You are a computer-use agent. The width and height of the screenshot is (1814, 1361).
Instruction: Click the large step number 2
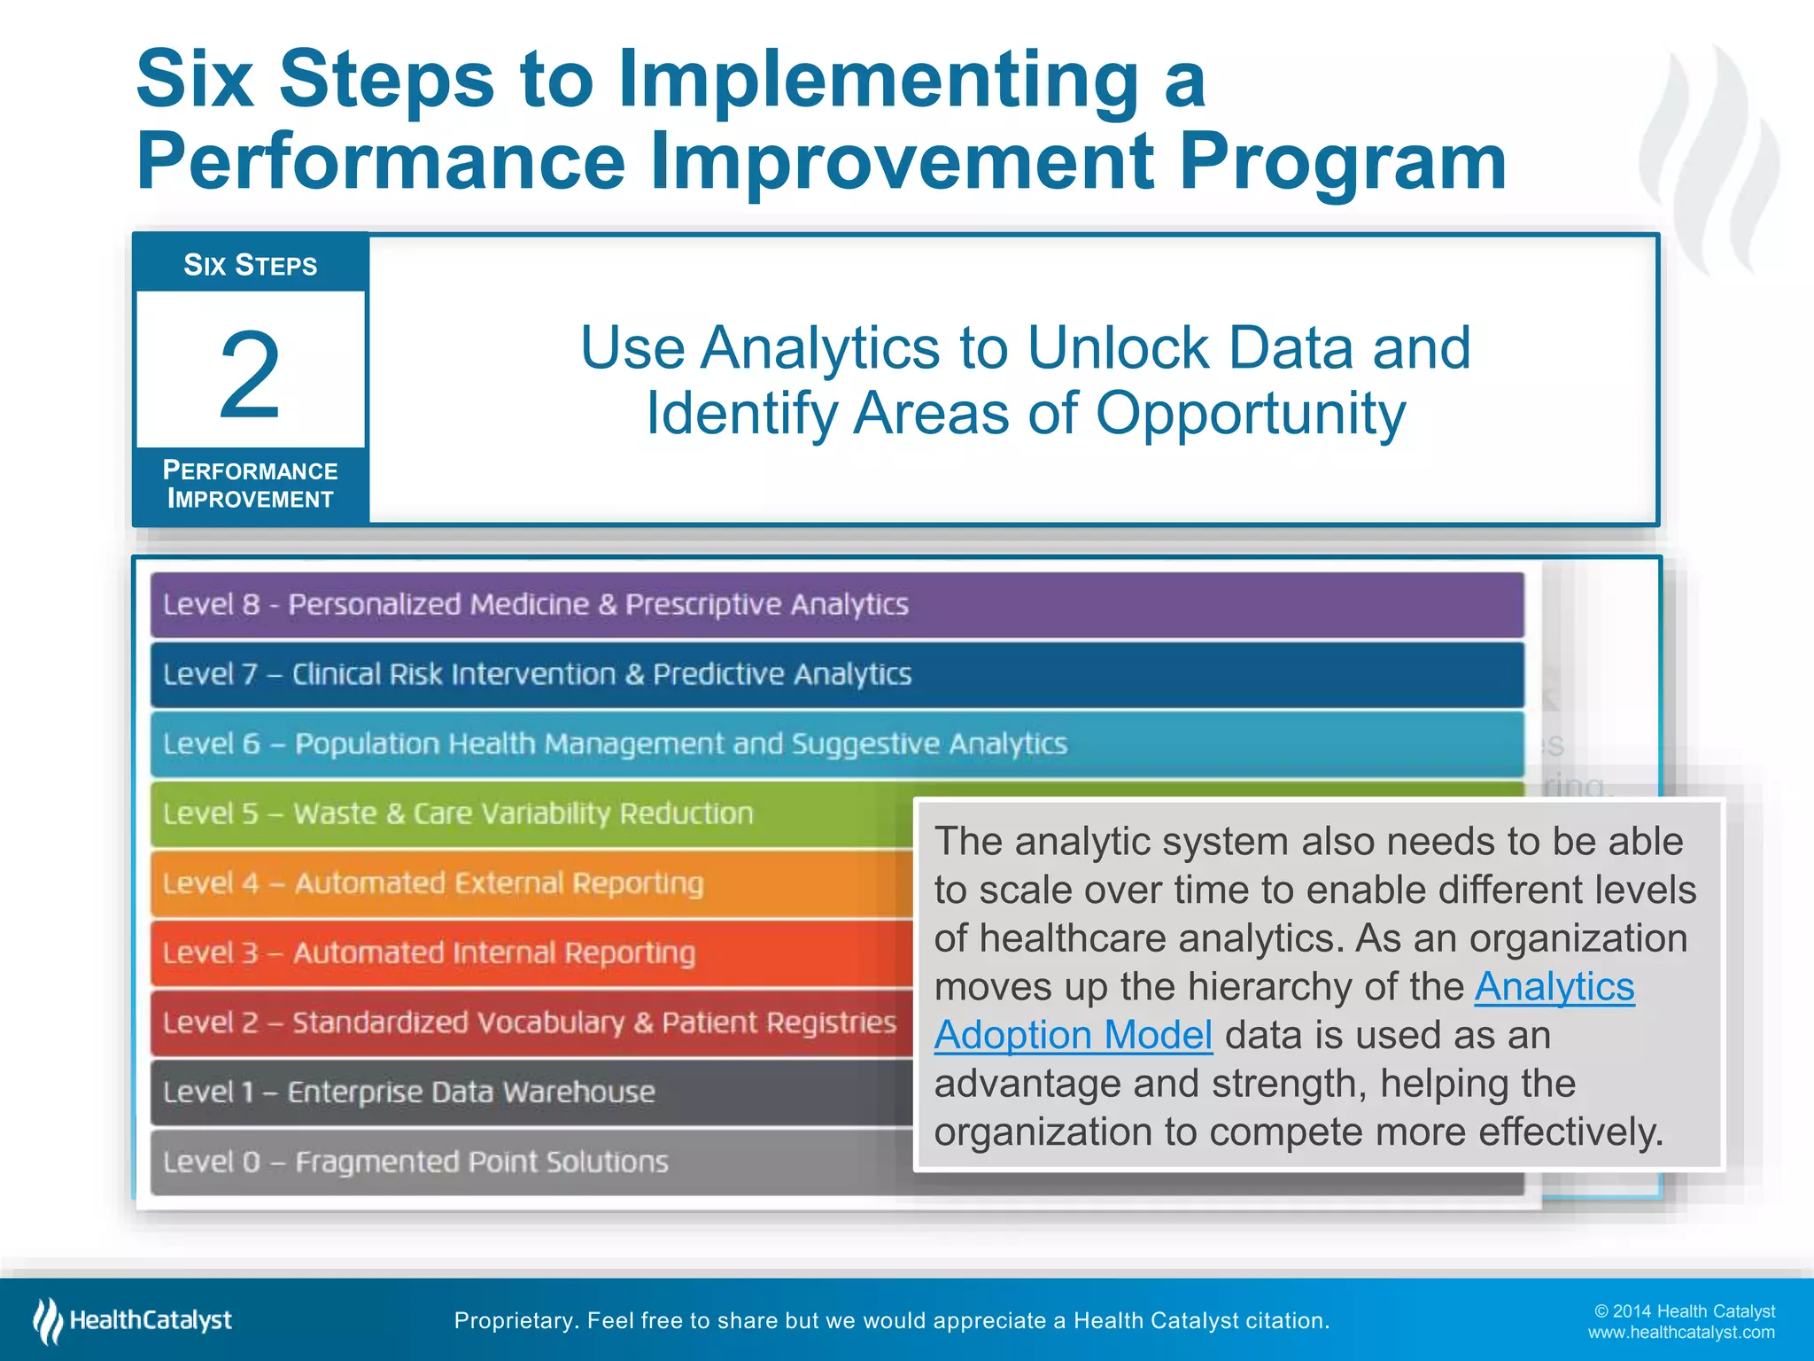coord(250,374)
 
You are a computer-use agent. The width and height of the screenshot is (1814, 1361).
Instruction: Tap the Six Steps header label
coord(250,265)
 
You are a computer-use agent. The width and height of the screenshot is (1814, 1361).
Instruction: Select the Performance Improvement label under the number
coord(250,485)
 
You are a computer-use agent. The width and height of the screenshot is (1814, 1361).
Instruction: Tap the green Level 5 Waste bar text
coord(458,813)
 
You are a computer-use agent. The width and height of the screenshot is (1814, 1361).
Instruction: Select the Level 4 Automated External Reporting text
coord(433,883)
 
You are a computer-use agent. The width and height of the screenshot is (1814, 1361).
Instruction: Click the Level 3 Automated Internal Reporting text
coord(429,953)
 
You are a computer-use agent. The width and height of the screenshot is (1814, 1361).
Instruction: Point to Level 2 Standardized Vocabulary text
coord(529,1023)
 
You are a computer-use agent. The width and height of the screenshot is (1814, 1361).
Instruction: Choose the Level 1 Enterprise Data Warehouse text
coord(408,1092)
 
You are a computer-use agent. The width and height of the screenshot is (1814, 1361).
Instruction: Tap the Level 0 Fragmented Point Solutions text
coord(415,1162)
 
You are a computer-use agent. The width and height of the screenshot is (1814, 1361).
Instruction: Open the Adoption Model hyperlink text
coord(1073,1035)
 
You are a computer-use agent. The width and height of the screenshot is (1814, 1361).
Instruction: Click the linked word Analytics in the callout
coord(1554,987)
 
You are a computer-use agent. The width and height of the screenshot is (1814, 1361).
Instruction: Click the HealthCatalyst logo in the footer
coord(133,1320)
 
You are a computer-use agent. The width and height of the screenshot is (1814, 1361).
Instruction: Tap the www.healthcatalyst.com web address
coord(1680,1333)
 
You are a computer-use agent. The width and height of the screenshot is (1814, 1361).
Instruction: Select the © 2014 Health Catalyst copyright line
coord(1684,1311)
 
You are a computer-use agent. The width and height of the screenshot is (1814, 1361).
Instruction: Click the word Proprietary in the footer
coord(512,1321)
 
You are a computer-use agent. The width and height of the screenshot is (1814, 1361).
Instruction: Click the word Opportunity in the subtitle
coord(1250,414)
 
